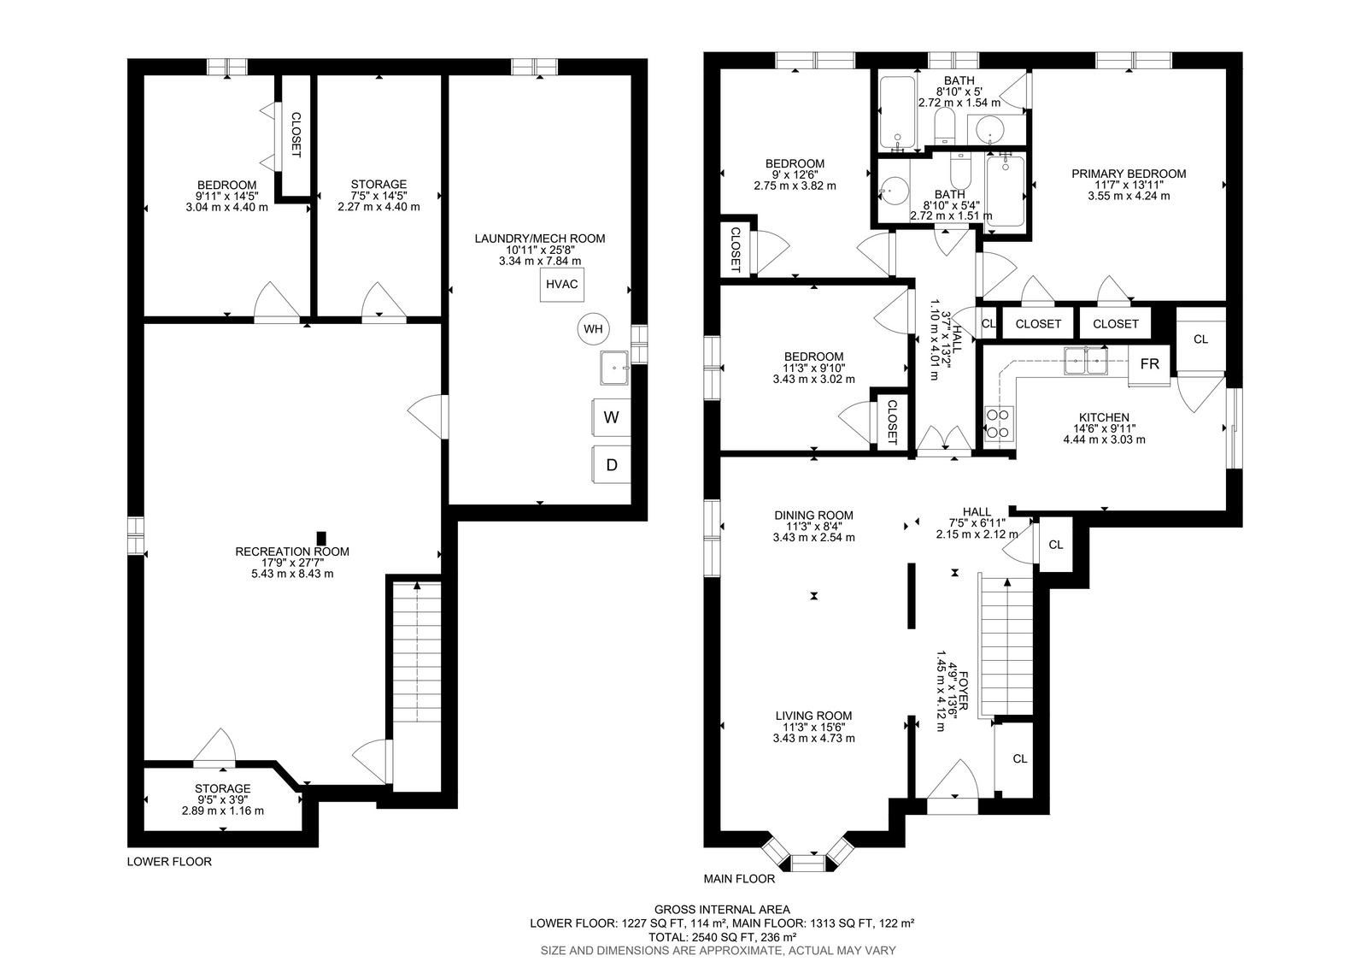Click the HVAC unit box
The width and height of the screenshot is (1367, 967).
[x=561, y=285]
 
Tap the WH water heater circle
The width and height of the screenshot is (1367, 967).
[x=593, y=329]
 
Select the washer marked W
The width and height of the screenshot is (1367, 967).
[x=611, y=418]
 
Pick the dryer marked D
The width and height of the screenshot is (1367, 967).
[x=611, y=465]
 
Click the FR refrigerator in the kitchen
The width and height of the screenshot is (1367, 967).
[x=1149, y=365]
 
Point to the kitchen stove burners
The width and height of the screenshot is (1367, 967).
[x=999, y=422]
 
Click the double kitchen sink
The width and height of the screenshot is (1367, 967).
[x=1086, y=361]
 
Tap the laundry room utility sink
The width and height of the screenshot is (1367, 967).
[x=614, y=368]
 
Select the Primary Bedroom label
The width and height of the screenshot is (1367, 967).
[x=1129, y=174]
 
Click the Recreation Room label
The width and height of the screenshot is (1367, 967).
[x=292, y=551]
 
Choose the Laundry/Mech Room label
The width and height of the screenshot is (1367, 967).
[x=540, y=239]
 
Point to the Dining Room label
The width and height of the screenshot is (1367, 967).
[x=813, y=516]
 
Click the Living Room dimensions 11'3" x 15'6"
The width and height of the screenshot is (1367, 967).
[x=813, y=727]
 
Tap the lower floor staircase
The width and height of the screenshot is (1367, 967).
[x=416, y=652]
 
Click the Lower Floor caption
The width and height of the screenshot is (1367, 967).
[x=169, y=862]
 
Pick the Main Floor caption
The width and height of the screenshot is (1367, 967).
[x=739, y=879]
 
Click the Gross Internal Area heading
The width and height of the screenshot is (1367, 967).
[x=722, y=910]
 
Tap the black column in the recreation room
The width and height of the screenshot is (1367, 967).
[x=321, y=538]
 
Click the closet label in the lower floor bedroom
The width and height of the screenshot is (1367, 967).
[x=296, y=135]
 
